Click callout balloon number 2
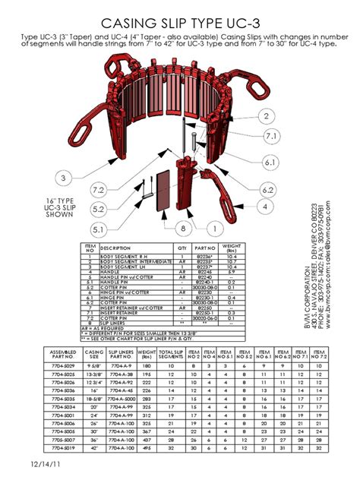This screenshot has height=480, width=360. point(267,116)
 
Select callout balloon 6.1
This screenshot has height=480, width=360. point(269,162)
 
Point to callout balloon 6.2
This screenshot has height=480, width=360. point(267,189)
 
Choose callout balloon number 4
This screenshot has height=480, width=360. point(264,206)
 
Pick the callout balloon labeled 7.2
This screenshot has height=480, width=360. point(98,189)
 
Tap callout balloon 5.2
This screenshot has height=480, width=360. point(98,208)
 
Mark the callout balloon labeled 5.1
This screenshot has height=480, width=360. point(98,228)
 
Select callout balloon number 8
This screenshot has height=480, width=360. point(183,228)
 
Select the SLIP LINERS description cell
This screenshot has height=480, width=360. point(114,322)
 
